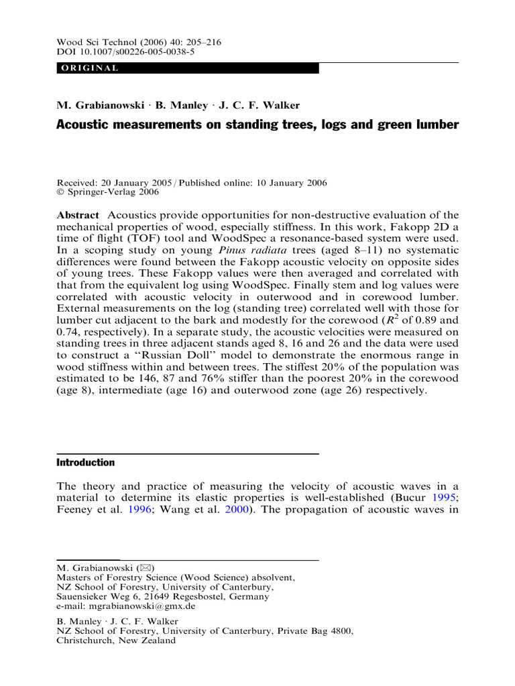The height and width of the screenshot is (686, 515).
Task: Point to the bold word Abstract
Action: click(78, 215)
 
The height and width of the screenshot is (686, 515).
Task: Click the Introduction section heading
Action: click(85, 462)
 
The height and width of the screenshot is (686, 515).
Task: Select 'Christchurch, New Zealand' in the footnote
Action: click(116, 640)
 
